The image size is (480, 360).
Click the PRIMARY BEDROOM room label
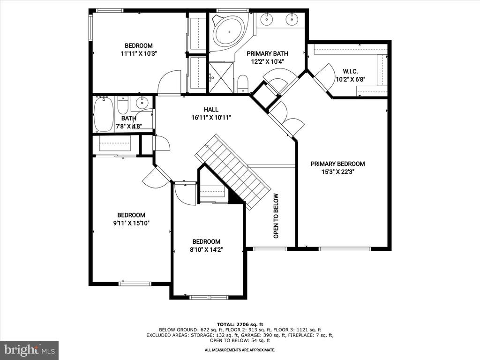point(337,164)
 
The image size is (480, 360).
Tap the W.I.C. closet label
point(350,71)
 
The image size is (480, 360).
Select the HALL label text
point(211,109)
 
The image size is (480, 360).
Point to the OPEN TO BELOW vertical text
point(276,216)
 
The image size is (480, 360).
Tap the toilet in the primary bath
point(243,83)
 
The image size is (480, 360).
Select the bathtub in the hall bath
point(103,114)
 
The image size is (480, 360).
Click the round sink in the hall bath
point(142,103)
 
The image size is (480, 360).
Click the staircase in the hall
point(233,172)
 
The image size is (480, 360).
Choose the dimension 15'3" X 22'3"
point(337,172)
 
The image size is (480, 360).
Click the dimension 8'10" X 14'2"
point(206,249)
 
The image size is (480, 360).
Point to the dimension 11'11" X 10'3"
point(139,53)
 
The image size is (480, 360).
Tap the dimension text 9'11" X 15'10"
point(131,223)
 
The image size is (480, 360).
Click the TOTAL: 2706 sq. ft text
point(240,324)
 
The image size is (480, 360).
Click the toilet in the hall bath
point(123,105)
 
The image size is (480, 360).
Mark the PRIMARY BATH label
point(267,53)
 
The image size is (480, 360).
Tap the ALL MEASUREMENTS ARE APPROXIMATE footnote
point(240,350)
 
